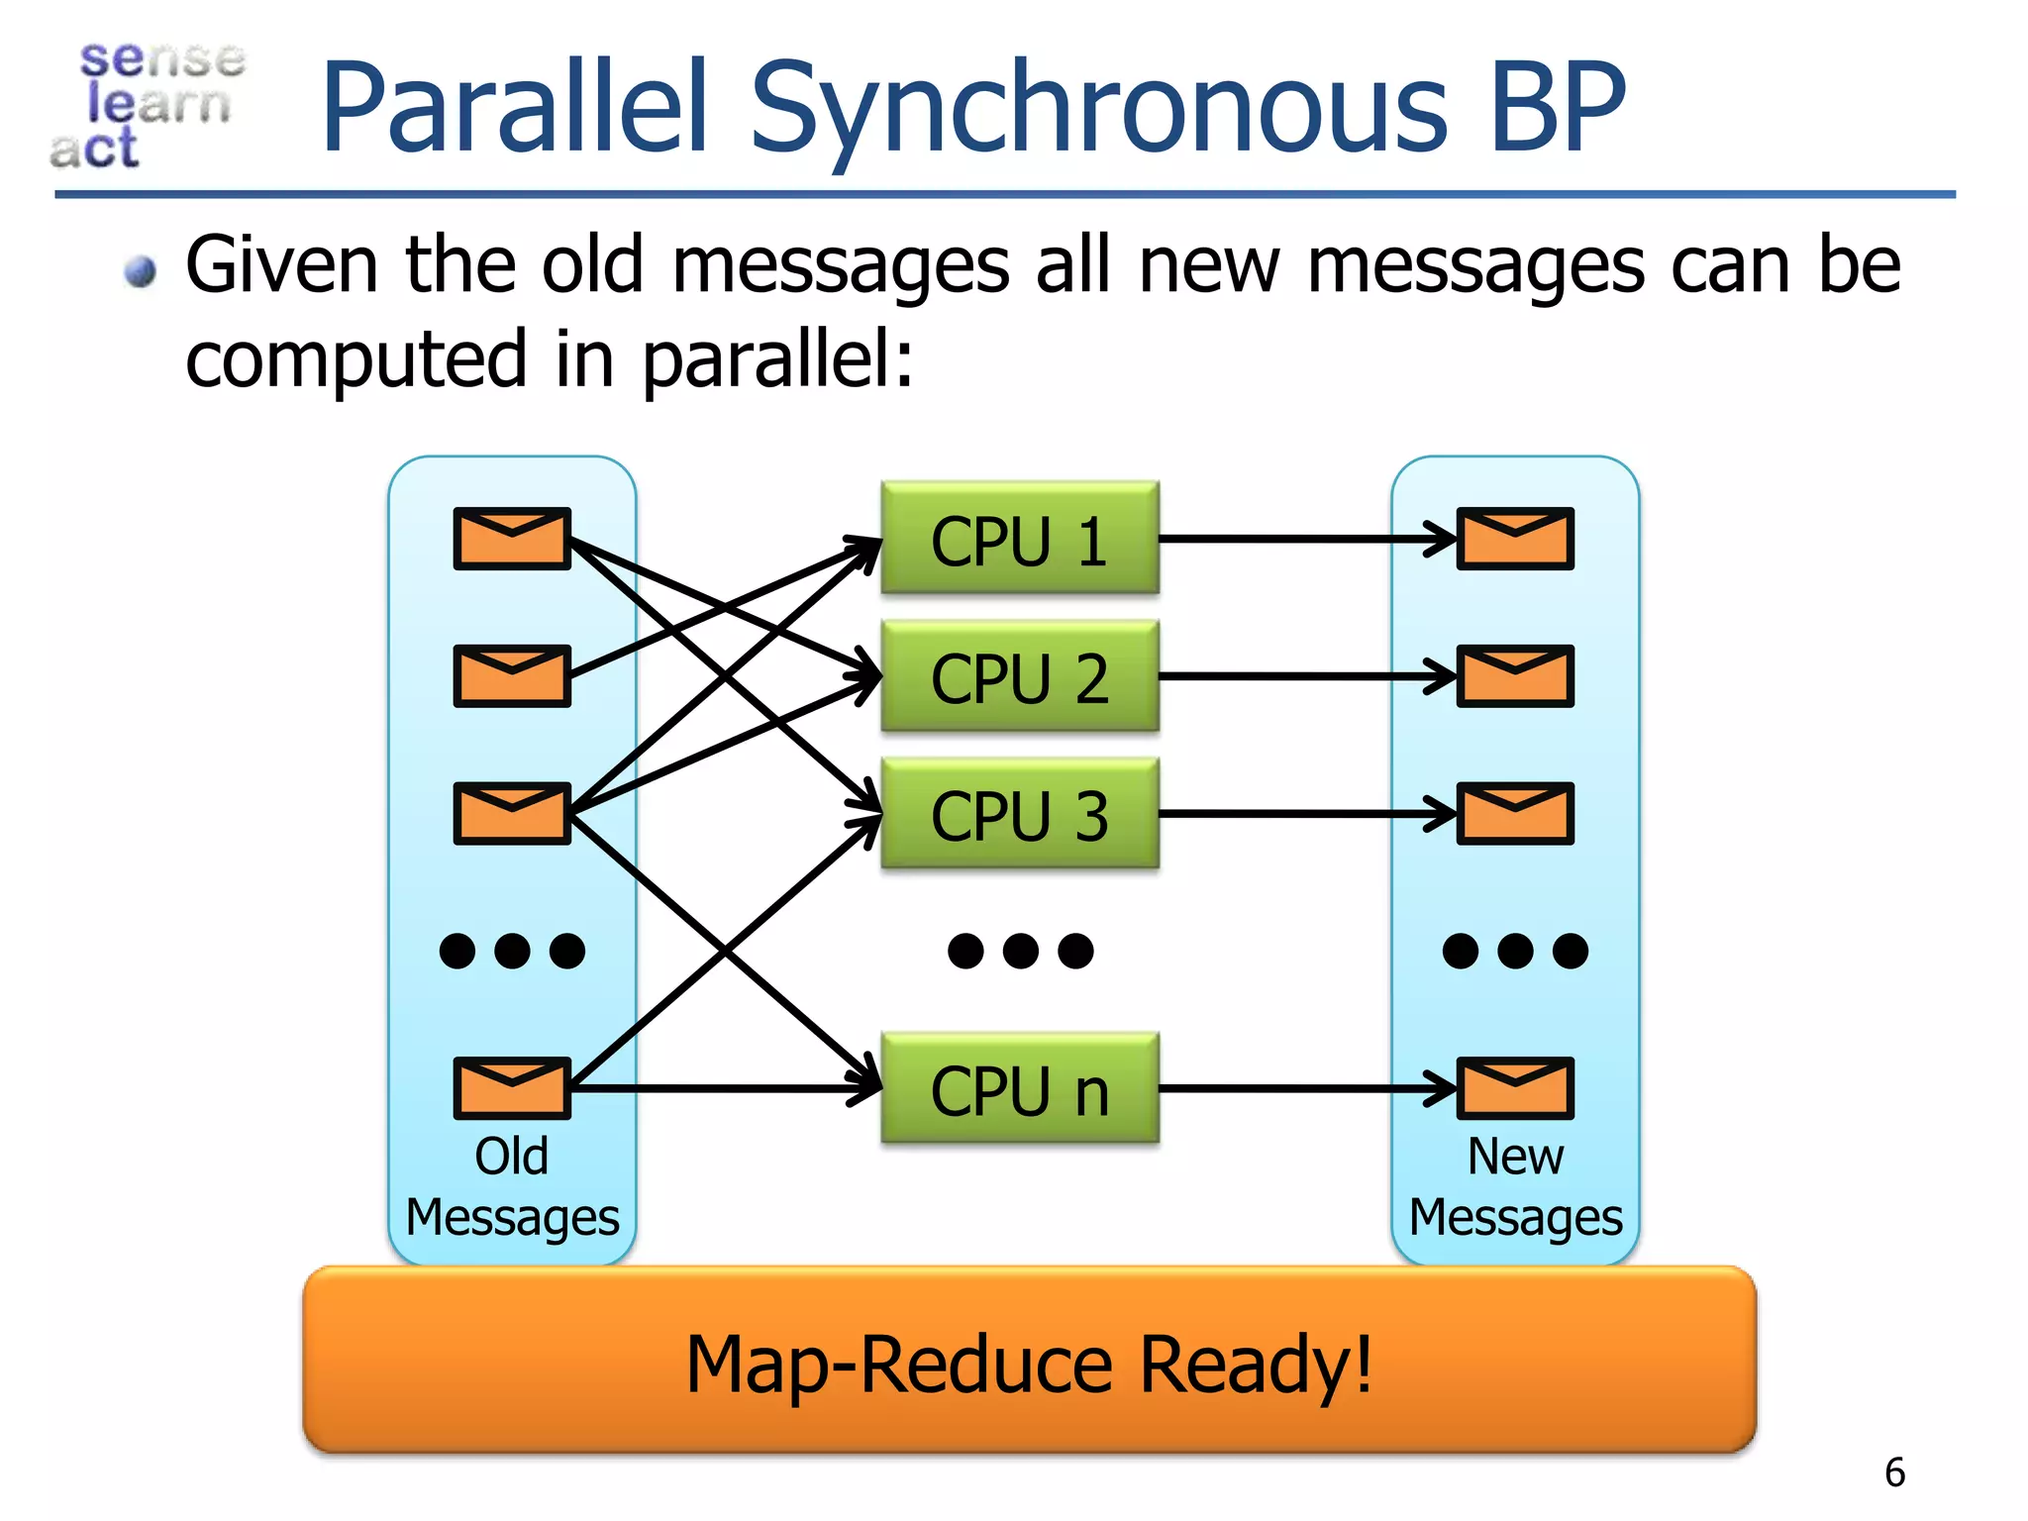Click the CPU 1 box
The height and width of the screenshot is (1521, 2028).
tap(1019, 539)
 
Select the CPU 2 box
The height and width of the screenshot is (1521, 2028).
tap(1019, 676)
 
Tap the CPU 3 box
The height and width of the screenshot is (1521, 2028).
tap(1019, 814)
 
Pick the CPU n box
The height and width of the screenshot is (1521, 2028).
tap(1019, 1088)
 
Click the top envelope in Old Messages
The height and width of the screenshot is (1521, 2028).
tap(512, 539)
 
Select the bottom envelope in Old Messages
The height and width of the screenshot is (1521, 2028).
tap(512, 1088)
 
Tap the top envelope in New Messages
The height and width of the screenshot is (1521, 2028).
tap(1515, 539)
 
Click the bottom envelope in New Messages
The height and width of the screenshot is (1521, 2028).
tap(1515, 1088)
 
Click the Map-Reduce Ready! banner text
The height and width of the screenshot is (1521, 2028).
tap(1029, 1365)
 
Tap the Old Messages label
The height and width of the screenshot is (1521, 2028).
tap(512, 1186)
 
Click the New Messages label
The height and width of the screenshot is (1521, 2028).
tap(1515, 1186)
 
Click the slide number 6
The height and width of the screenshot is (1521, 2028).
tap(1894, 1472)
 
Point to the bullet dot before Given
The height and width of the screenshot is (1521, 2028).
tap(142, 270)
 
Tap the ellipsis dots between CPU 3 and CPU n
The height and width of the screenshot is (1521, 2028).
tap(1020, 951)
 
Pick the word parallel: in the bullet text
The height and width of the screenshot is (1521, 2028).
tap(777, 361)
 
